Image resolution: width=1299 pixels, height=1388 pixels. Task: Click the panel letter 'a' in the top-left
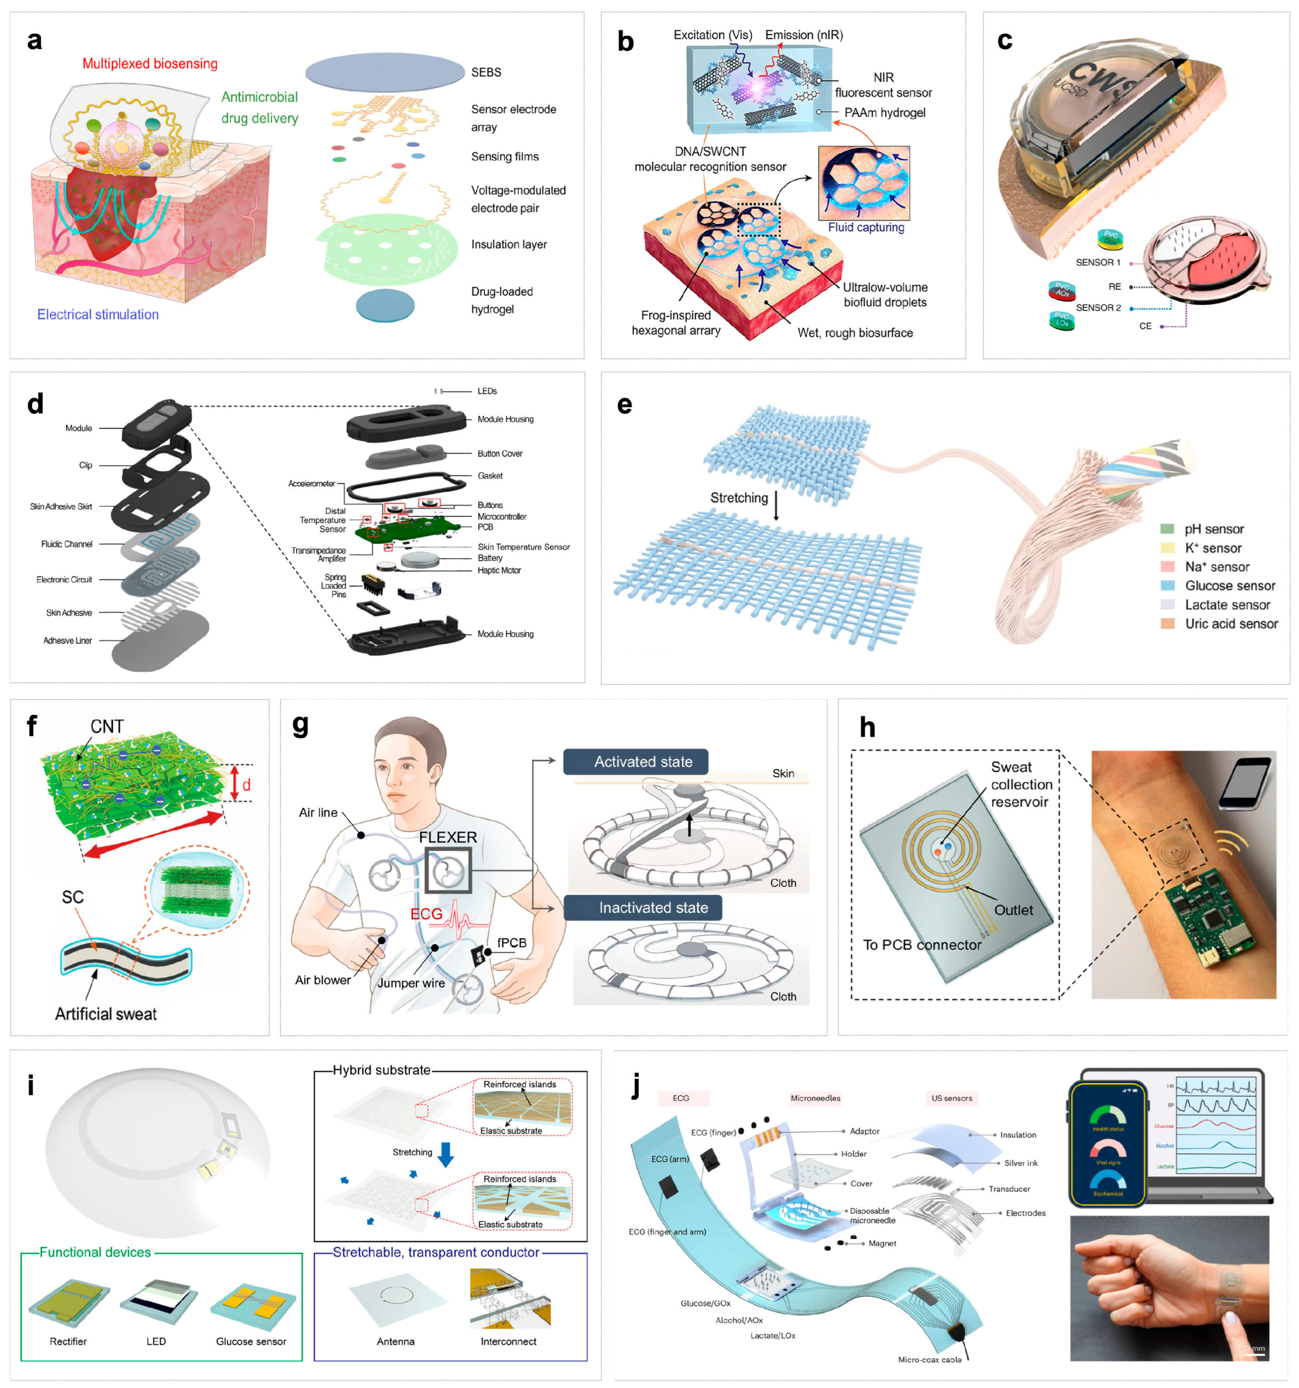[x=34, y=40]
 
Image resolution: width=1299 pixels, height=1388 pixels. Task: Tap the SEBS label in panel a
[x=486, y=72]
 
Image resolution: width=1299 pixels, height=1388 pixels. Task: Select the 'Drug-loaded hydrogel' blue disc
[x=385, y=305]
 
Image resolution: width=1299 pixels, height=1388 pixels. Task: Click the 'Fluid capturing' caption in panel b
[x=865, y=228]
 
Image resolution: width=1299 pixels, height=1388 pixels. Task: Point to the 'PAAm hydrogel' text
[x=885, y=113]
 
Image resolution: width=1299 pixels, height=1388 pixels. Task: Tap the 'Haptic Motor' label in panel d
[x=499, y=571]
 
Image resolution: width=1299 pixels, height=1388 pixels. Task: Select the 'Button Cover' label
[x=500, y=454]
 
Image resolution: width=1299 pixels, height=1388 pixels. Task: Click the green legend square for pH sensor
[x=1167, y=529]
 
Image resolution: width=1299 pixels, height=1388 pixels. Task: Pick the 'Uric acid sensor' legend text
[x=1231, y=624]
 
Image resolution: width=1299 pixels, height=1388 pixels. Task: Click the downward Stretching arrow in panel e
[x=775, y=506]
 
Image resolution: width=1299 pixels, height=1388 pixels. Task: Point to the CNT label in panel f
[x=107, y=727]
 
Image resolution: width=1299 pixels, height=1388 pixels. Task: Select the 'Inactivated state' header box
[x=642, y=907]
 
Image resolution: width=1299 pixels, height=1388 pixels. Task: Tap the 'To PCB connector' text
[x=921, y=945]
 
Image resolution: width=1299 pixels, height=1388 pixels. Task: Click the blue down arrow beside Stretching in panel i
[x=445, y=1155]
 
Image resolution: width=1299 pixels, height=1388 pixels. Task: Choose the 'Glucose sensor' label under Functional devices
[x=251, y=1341]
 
